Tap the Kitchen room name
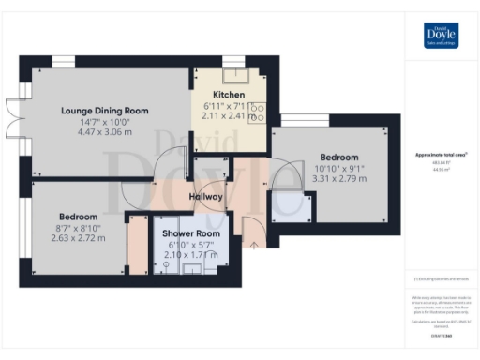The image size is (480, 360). pos(229,95)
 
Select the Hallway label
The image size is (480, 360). pos(206,197)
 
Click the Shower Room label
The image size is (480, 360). pos(191,233)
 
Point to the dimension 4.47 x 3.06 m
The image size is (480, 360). pos(103,133)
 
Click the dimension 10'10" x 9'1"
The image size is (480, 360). pos(338,168)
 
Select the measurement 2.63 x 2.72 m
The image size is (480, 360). pos(79,238)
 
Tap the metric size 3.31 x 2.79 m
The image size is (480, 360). pos(338,179)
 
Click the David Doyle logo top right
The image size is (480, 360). pos(440,36)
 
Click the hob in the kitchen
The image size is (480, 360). pos(258,112)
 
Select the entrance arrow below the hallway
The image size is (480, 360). pos(254,246)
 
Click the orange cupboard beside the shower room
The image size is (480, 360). pos(138,246)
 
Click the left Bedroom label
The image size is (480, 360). pos(79,215)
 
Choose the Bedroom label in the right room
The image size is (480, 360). pos(338,157)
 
